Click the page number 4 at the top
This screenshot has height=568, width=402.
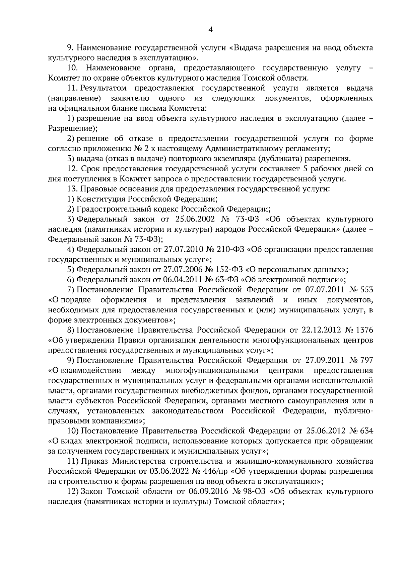[210, 30]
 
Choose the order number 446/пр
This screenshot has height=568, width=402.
[212, 471]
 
